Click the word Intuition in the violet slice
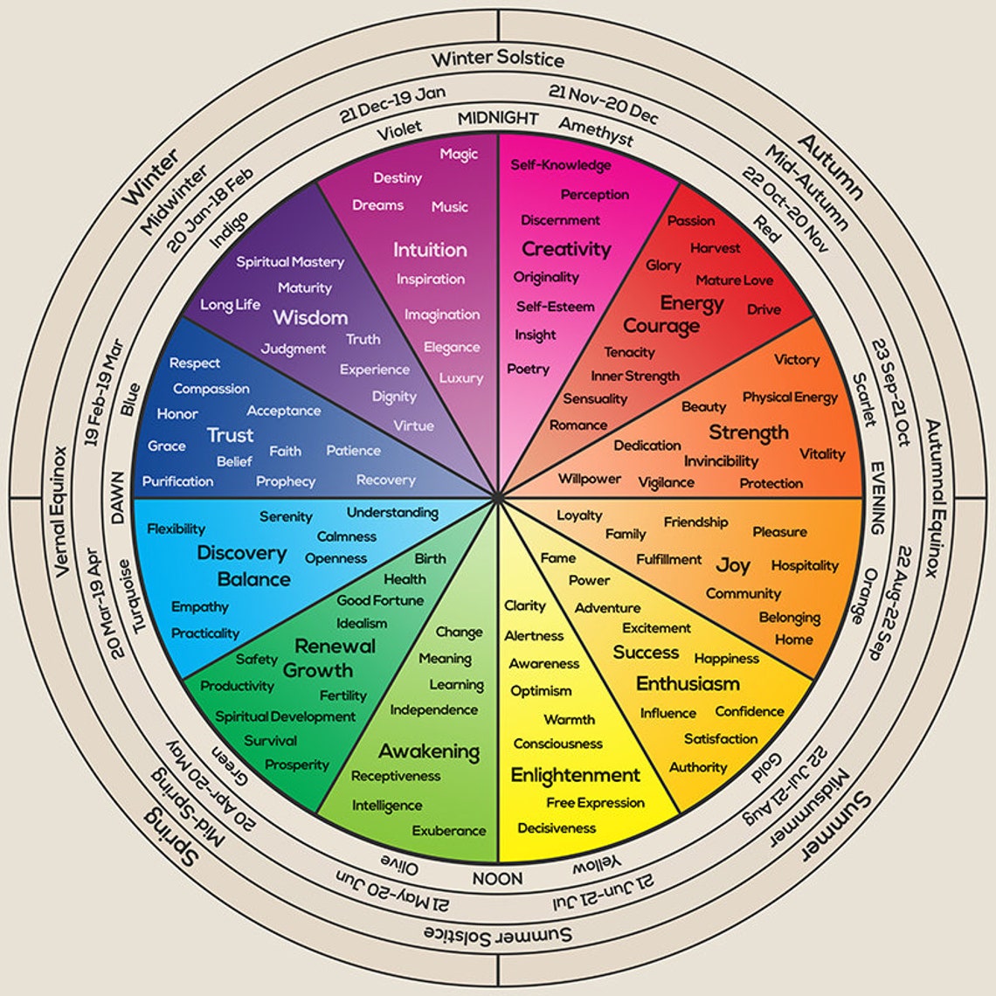[x=430, y=249]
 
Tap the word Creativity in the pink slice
[x=566, y=249]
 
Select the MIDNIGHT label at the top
[x=498, y=118]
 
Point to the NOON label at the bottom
[x=498, y=878]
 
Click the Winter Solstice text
[x=498, y=59]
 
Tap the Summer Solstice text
[x=498, y=935]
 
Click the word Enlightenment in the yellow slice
[x=576, y=775]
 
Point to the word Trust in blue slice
[x=230, y=435]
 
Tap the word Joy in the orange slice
[x=733, y=565]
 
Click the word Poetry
[x=529, y=369]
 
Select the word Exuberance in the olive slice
[x=449, y=830]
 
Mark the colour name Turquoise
[x=137, y=596]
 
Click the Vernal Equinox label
[x=61, y=512]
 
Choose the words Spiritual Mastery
[x=290, y=262]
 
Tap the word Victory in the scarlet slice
[x=797, y=359]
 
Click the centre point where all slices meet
[x=498, y=498]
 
